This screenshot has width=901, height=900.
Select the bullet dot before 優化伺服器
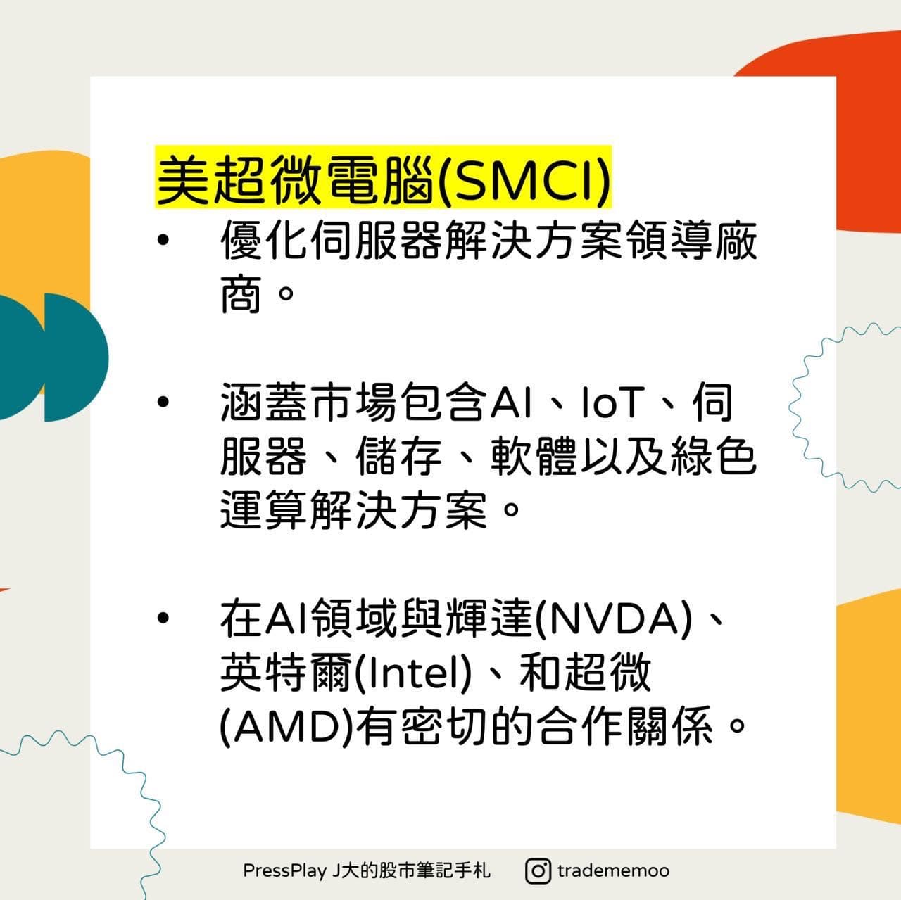coord(163,241)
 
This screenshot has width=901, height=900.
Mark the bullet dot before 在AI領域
coord(163,619)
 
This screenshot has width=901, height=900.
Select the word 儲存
coord(398,456)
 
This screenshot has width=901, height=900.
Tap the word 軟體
coord(534,456)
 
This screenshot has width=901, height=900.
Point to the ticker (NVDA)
coord(613,619)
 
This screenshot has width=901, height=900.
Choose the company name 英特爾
coord(285,672)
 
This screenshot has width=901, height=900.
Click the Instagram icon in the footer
coord(538,870)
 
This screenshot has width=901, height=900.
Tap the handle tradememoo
coord(613,870)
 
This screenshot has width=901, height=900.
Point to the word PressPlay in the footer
coord(284,870)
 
